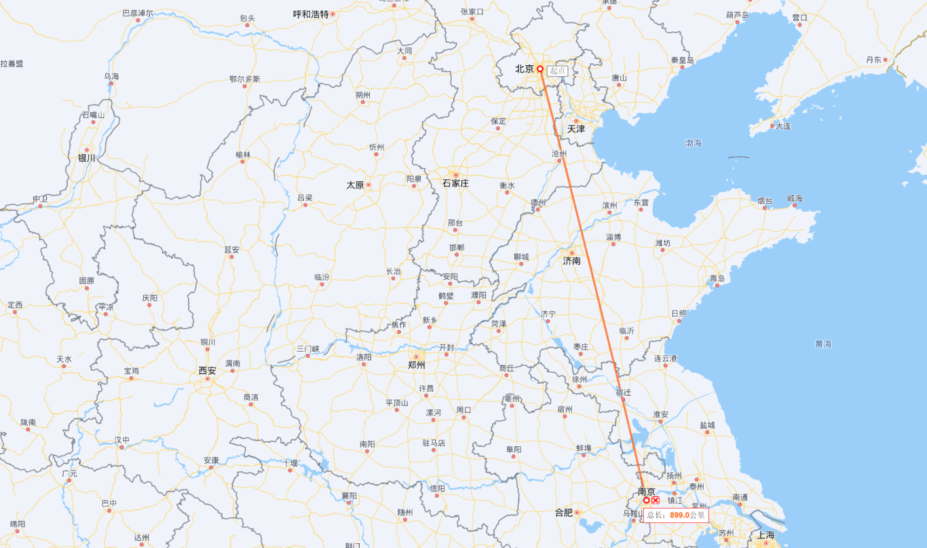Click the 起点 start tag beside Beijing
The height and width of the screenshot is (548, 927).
pyautogui.click(x=558, y=71)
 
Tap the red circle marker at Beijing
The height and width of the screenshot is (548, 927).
pyautogui.click(x=540, y=69)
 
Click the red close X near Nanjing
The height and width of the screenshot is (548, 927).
pyautogui.click(x=656, y=500)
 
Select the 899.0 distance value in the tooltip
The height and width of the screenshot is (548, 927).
pyautogui.click(x=679, y=515)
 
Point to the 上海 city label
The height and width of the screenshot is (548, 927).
pyautogui.click(x=766, y=535)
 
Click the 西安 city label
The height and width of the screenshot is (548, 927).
pyautogui.click(x=207, y=371)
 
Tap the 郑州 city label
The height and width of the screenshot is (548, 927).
pyautogui.click(x=416, y=365)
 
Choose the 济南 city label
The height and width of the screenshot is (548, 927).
pyautogui.click(x=571, y=261)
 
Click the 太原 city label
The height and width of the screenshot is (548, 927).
pyautogui.click(x=355, y=185)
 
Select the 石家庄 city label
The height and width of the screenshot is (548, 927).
pyautogui.click(x=455, y=183)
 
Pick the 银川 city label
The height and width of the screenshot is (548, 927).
pyautogui.click(x=87, y=158)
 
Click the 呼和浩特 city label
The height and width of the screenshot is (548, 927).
pyautogui.click(x=311, y=14)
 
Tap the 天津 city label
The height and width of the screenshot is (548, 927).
pyautogui.click(x=576, y=129)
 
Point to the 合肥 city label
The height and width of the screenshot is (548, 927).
pyautogui.click(x=564, y=513)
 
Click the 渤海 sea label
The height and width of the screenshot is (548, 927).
pyautogui.click(x=694, y=143)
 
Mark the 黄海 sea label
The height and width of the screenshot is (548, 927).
pyautogui.click(x=823, y=344)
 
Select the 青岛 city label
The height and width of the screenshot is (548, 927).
pyautogui.click(x=717, y=278)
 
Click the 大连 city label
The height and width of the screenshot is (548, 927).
pyautogui.click(x=783, y=126)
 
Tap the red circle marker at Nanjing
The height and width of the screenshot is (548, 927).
pyautogui.click(x=646, y=500)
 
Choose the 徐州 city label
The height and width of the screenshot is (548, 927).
pyautogui.click(x=579, y=380)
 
